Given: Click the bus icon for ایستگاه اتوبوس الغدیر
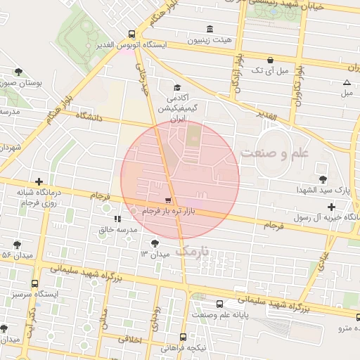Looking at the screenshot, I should coord(132,33).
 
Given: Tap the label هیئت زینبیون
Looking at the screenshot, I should coord(208,40).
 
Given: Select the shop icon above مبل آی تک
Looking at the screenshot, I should coord(271,60).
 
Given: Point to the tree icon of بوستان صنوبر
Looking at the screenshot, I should coord(18,71).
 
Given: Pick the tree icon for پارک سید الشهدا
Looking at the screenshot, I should coord(323,179).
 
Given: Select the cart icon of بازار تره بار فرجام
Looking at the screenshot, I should coord(167,200).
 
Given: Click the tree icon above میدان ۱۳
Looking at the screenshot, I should coord(155,243).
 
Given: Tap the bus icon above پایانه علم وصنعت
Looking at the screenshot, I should coord(220,304).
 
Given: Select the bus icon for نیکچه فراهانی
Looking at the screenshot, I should coord(183,337).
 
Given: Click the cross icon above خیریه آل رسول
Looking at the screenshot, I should coord(331,207).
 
